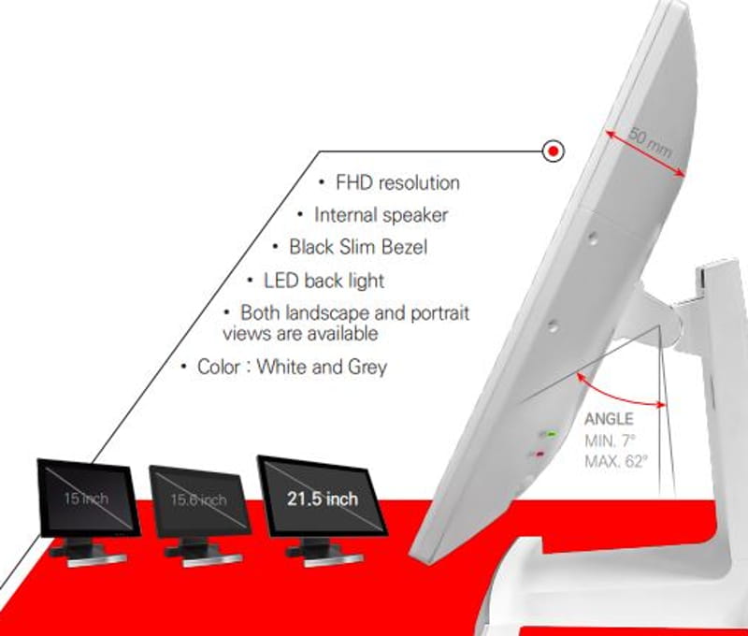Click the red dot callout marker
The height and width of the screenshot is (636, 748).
(554, 150)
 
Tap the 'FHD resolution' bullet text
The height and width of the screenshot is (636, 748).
(396, 182)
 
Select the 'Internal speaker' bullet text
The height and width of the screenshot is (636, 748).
(381, 215)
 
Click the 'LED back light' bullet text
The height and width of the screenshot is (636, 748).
(324, 281)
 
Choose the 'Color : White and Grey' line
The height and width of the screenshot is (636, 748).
(292, 367)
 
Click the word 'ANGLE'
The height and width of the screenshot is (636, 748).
(609, 420)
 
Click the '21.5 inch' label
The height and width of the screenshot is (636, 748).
(323, 499)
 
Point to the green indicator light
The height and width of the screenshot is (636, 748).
(552, 435)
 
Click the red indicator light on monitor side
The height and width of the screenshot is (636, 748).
(539, 455)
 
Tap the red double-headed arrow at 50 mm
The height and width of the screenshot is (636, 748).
(645, 153)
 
